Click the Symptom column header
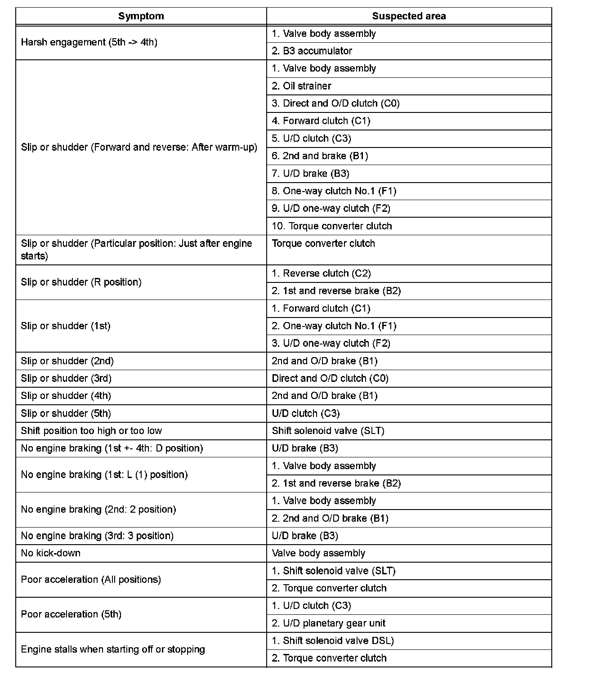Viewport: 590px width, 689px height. (141, 16)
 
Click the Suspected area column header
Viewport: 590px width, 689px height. (409, 16)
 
